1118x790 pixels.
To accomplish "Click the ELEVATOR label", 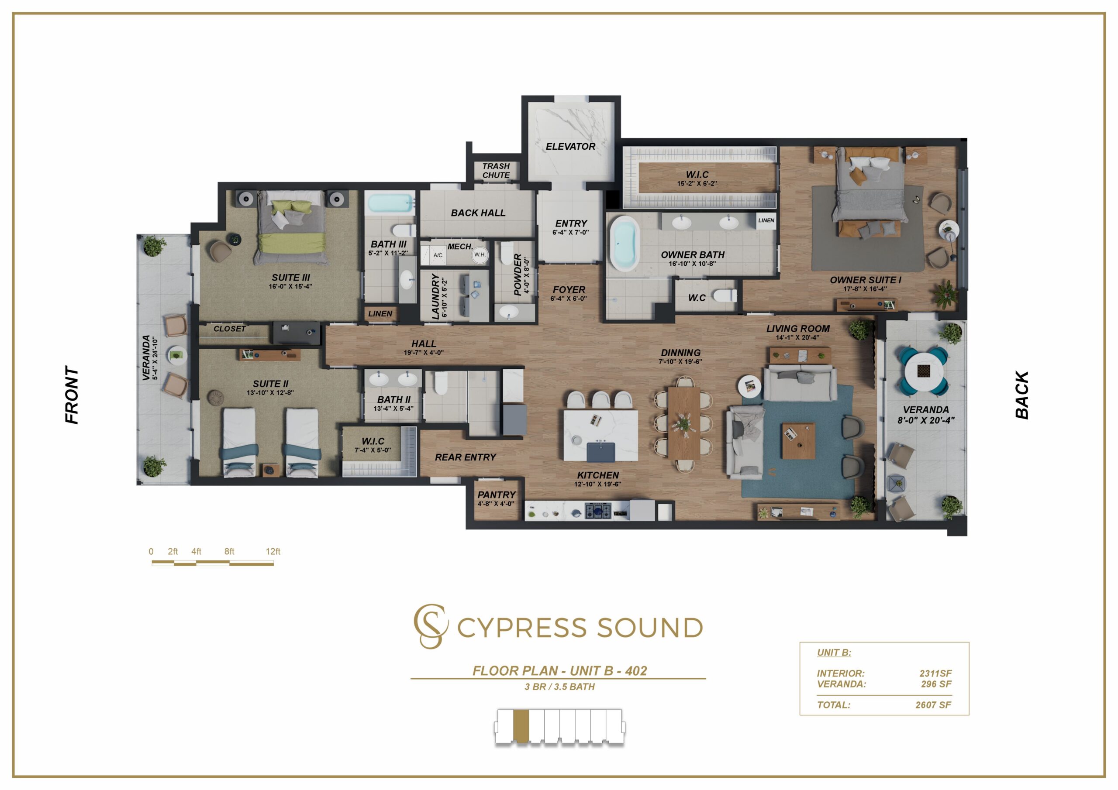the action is [570, 147].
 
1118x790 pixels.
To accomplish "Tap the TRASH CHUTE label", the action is [496, 170].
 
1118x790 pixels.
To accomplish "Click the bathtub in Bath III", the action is [390, 203].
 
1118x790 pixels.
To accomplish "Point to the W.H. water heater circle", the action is [480, 254].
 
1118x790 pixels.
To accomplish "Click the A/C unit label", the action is [438, 255].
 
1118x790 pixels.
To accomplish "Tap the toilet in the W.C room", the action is [725, 295].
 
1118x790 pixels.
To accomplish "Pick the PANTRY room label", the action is [496, 495].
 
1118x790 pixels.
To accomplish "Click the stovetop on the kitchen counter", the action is [597, 512].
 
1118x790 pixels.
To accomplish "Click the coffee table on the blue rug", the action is [798, 440].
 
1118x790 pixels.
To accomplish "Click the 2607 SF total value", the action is [933, 705].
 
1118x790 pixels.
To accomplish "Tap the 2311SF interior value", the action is [935, 673].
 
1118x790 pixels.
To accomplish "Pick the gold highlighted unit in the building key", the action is [521, 726].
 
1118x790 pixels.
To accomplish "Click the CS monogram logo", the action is [431, 626].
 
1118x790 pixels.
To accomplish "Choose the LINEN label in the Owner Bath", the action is [766, 220].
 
